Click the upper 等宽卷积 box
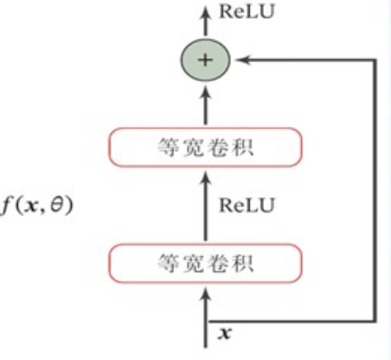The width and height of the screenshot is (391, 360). (x=208, y=146)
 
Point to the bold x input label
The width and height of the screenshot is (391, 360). (x=224, y=332)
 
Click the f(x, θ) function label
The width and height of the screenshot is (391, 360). (x=36, y=204)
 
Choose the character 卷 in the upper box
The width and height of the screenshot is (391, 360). (x=221, y=146)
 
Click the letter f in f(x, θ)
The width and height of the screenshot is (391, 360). (x=7, y=204)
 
